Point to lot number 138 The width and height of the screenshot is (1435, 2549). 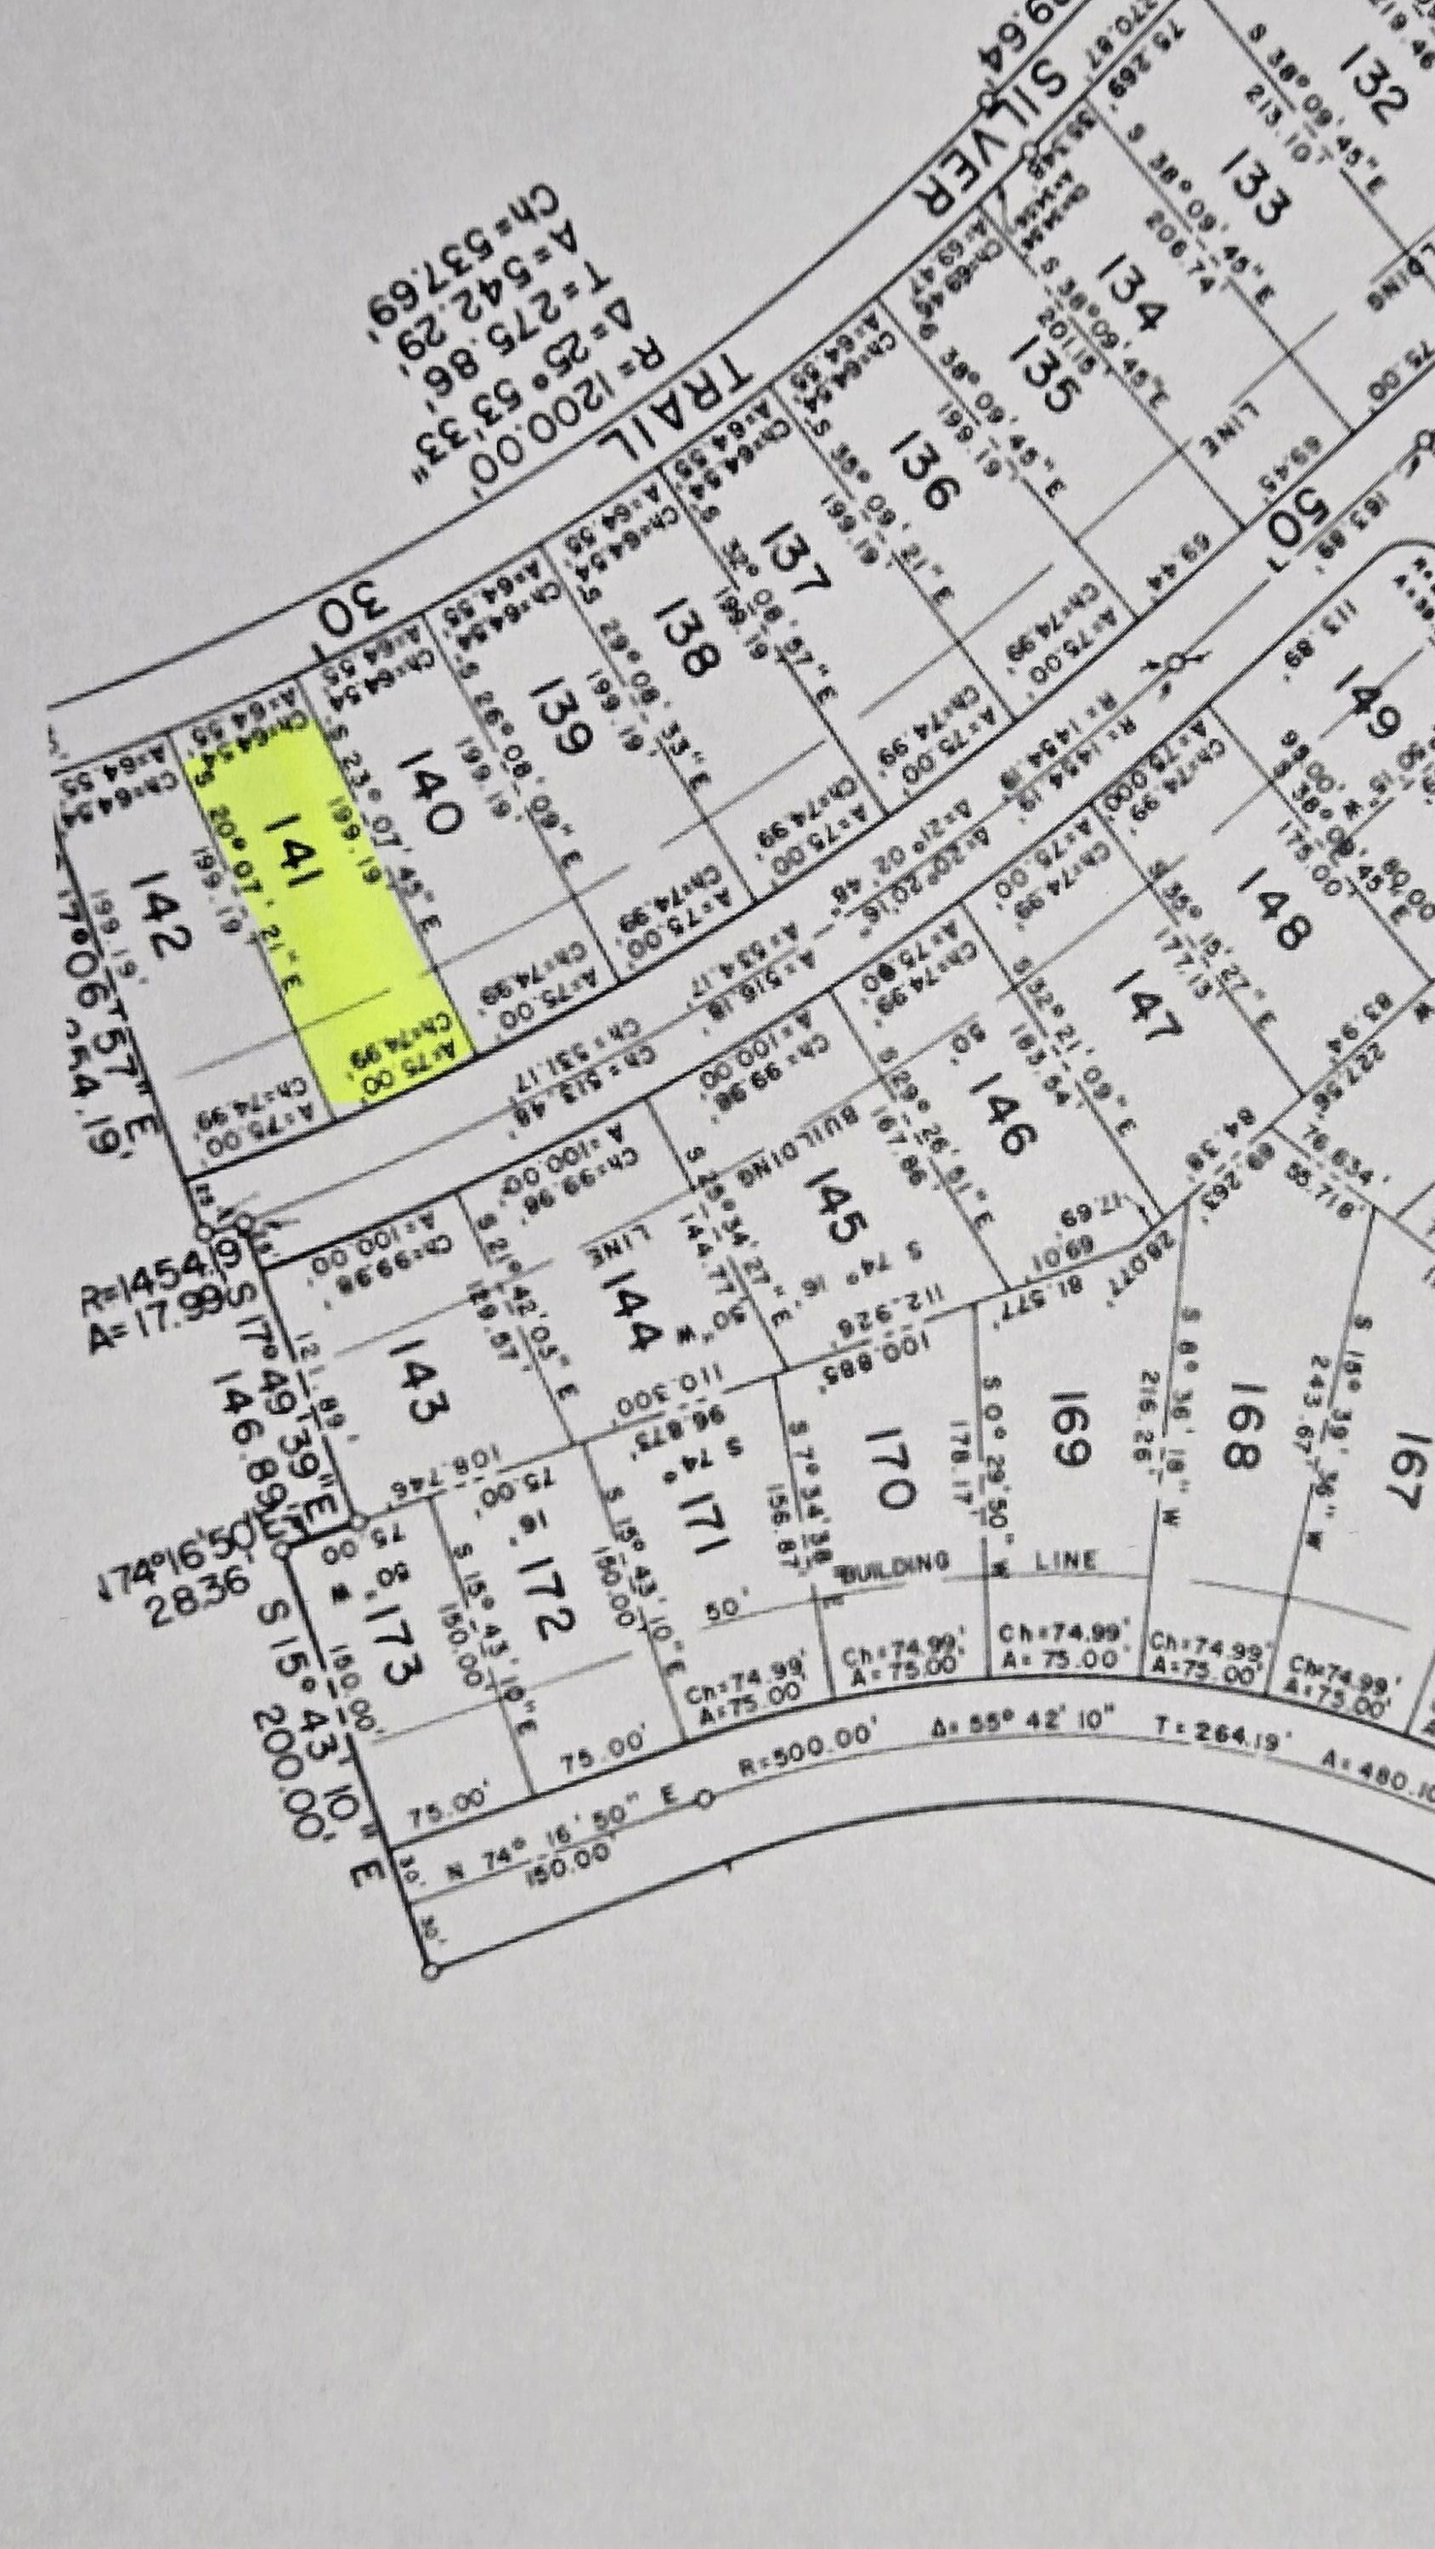[684, 633]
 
